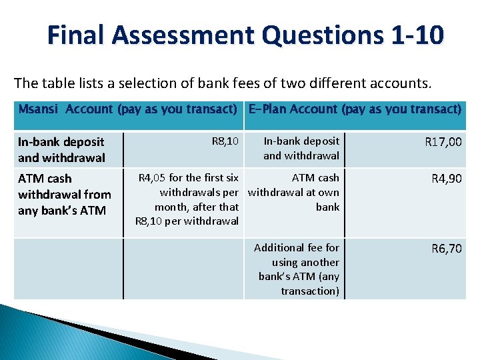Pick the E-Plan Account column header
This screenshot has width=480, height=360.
(355, 109)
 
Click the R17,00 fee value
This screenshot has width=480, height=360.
(443, 142)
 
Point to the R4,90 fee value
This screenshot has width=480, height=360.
(446, 179)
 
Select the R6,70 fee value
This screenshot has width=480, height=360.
(446, 249)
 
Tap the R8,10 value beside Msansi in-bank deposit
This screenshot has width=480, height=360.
(225, 141)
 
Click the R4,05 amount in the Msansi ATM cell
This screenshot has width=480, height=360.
(151, 178)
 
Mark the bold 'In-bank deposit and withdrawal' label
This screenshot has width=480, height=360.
(61, 150)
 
